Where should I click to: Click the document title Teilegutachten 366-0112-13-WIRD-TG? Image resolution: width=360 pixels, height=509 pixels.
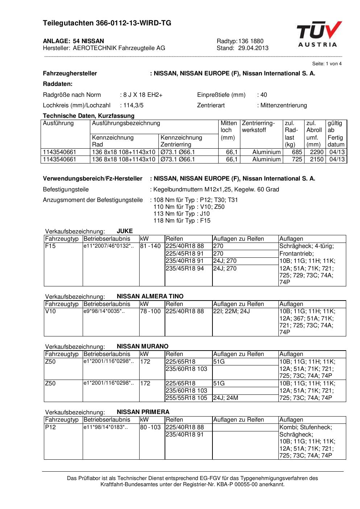pyautogui.click(x=107, y=23)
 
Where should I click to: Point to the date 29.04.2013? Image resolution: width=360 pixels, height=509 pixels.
pyautogui.click(x=253, y=48)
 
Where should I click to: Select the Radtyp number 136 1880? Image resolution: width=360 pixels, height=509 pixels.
pyautogui.click(x=251, y=41)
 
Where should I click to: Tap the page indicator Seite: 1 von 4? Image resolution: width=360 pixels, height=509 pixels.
pyautogui.click(x=327, y=64)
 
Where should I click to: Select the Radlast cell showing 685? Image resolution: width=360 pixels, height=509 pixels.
pyautogui.click(x=297, y=152)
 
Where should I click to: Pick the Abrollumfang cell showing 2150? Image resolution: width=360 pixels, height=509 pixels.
pyautogui.click(x=316, y=159)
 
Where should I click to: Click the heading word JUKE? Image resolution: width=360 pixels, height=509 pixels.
pyautogui.click(x=125, y=231)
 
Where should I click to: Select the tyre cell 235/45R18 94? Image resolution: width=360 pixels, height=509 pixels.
pyautogui.click(x=185, y=269)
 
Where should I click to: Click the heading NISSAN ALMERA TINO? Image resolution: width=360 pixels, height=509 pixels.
pyautogui.click(x=150, y=296)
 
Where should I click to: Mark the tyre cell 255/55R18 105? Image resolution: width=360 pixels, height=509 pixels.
pyautogui.click(x=186, y=398)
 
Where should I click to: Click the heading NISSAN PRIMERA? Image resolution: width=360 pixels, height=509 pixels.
pyautogui.click(x=143, y=412)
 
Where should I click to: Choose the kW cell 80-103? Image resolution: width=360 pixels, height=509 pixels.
pyautogui.click(x=150, y=427)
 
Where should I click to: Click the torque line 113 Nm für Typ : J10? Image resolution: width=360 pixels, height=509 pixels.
pyautogui.click(x=181, y=214)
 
